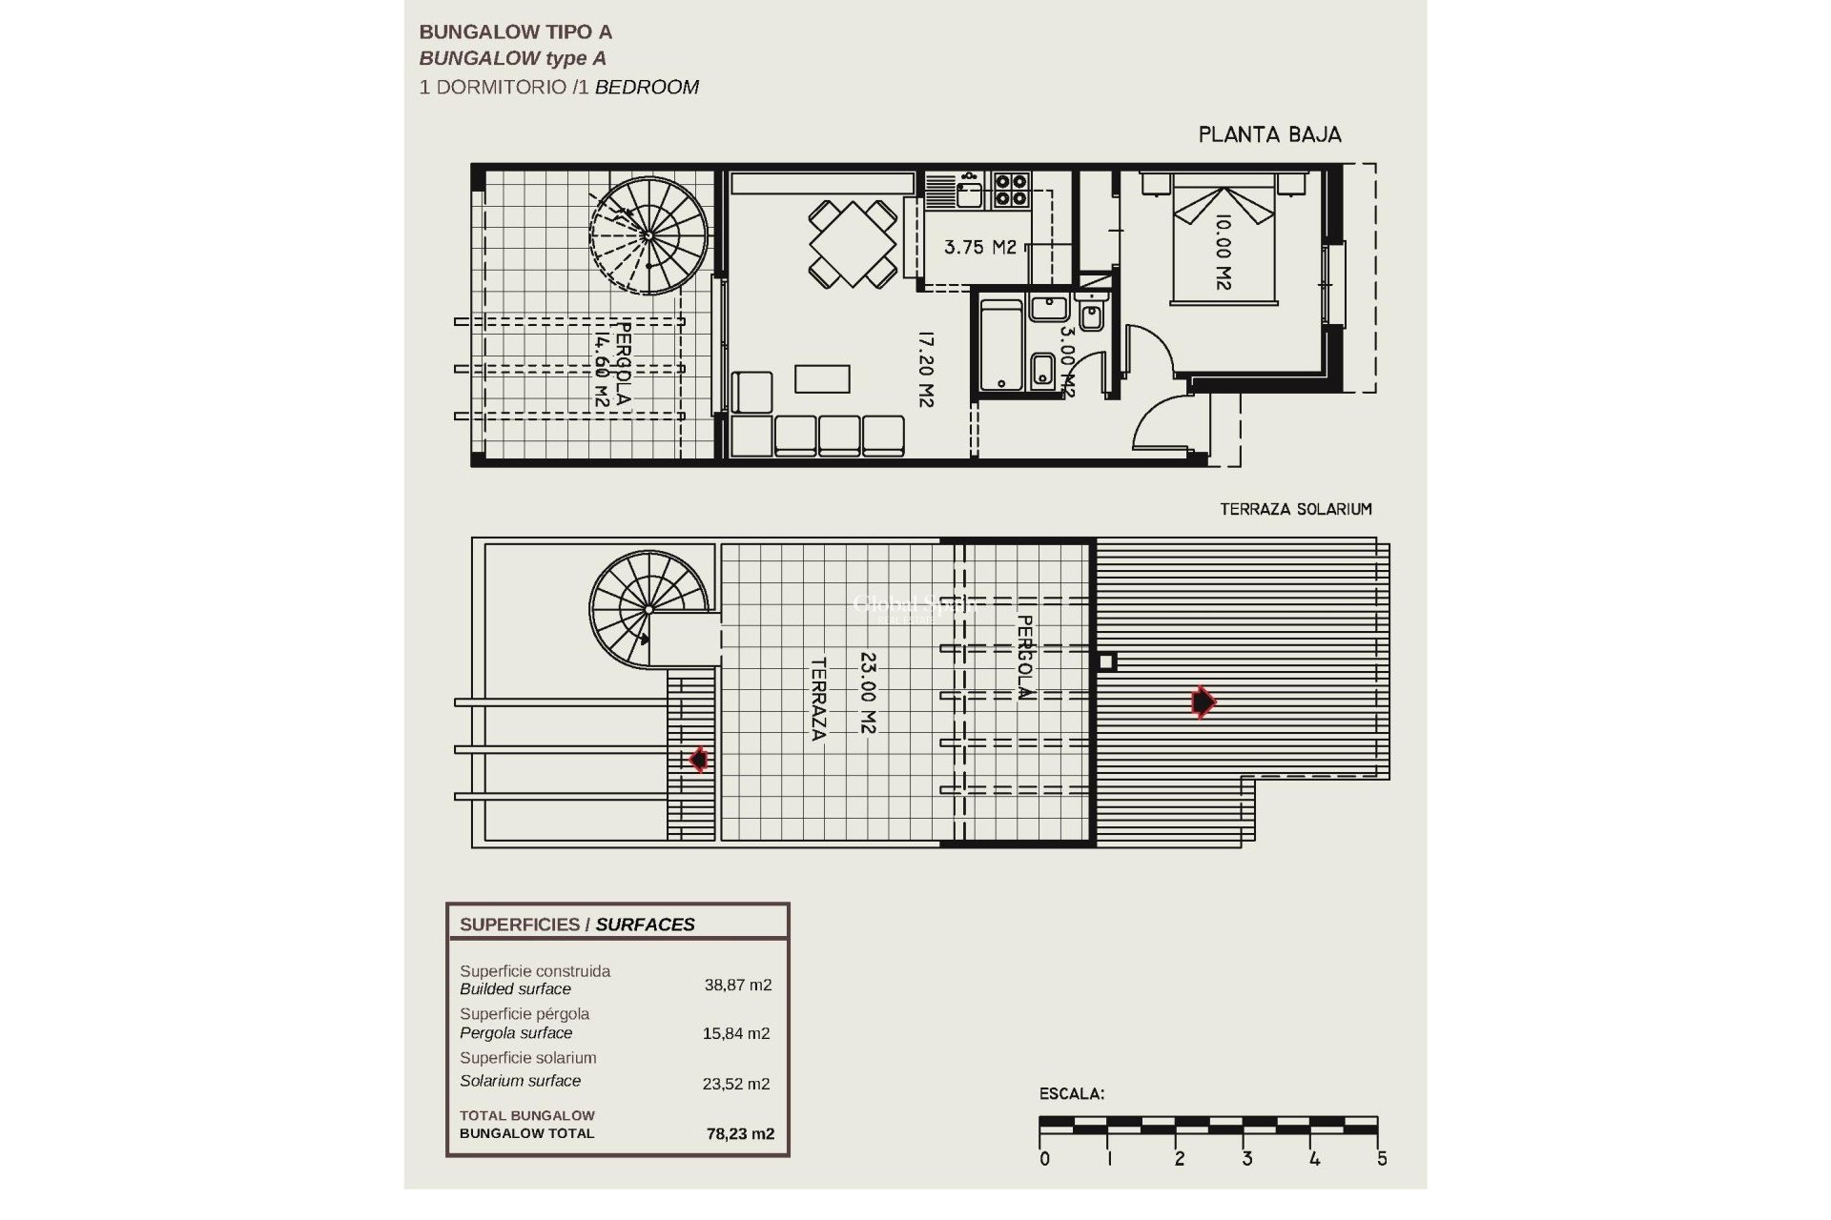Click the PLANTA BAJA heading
click(x=1269, y=135)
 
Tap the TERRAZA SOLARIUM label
click(x=1295, y=509)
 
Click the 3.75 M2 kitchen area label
click(x=979, y=248)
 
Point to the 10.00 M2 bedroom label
click(x=1224, y=252)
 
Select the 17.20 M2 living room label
click(x=924, y=369)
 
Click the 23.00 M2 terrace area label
click(x=868, y=692)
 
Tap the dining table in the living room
click(x=854, y=243)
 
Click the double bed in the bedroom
click(x=1224, y=245)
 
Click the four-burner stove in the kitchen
click(x=1012, y=190)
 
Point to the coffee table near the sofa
click(x=822, y=378)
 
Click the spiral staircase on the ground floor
click(x=648, y=234)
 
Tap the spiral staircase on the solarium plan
click(x=648, y=609)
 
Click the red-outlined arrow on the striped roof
click(x=1204, y=702)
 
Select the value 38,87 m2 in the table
click(x=737, y=986)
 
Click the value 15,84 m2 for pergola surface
click(x=737, y=1033)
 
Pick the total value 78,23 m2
click(x=740, y=1134)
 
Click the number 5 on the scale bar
click(x=1382, y=1159)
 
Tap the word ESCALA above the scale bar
click(x=1072, y=1094)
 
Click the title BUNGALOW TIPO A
click(x=515, y=32)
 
